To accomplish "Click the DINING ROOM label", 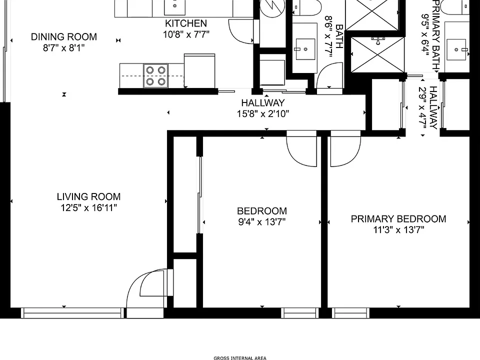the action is click(64, 36).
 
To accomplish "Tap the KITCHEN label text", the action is click(186, 23).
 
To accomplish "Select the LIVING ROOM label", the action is click(89, 196).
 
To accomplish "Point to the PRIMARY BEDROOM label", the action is click(398, 219).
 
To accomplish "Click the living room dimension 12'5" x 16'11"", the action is click(89, 208).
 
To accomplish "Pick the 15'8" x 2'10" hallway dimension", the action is click(263, 114).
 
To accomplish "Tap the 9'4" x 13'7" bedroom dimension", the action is click(262, 221).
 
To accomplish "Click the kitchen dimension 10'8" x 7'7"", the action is click(186, 34).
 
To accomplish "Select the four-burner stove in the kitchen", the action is click(155, 75).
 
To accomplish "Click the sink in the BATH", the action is click(304, 49).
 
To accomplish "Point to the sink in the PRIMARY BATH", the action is click(456, 49).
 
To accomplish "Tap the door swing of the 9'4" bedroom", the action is click(301, 149).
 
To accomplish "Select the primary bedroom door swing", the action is click(345, 149).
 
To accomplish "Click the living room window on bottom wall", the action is click(72, 313).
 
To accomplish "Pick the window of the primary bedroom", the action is click(350, 313).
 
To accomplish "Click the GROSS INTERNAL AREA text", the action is click(240, 358).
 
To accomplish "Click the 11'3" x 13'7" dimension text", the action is click(398, 229).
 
